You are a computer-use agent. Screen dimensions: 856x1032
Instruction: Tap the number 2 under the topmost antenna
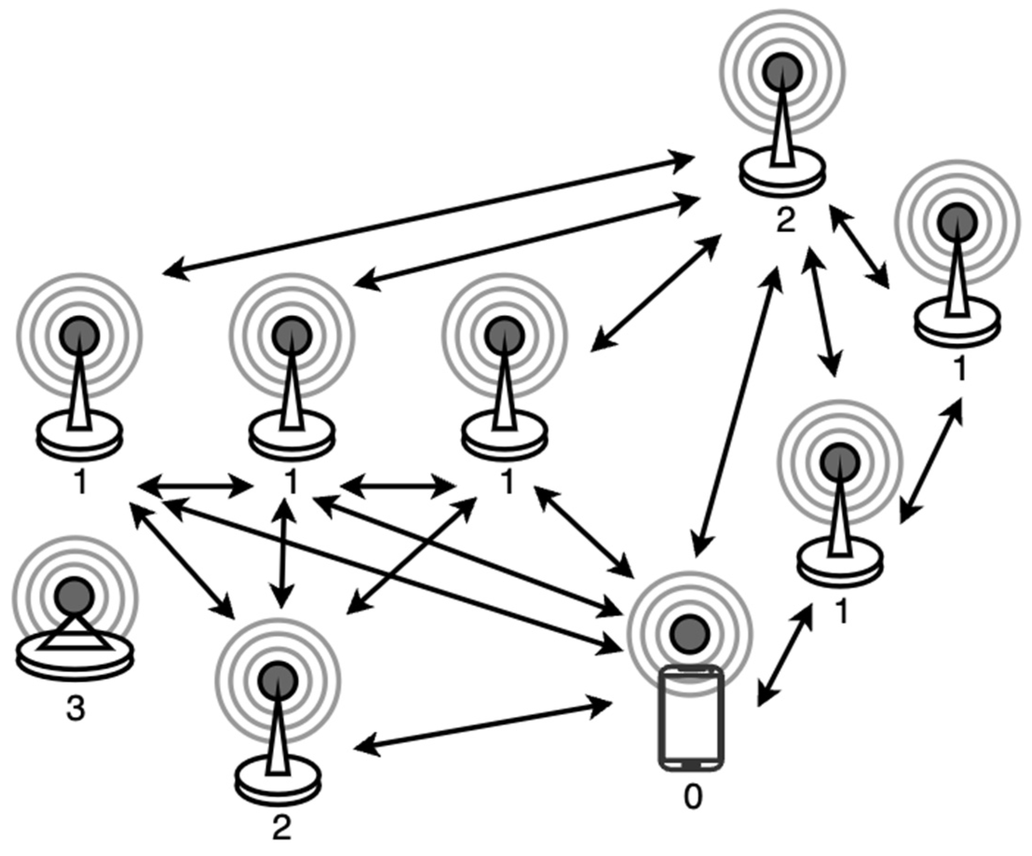point(785,222)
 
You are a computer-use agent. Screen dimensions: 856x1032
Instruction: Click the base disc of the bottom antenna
point(278,784)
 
